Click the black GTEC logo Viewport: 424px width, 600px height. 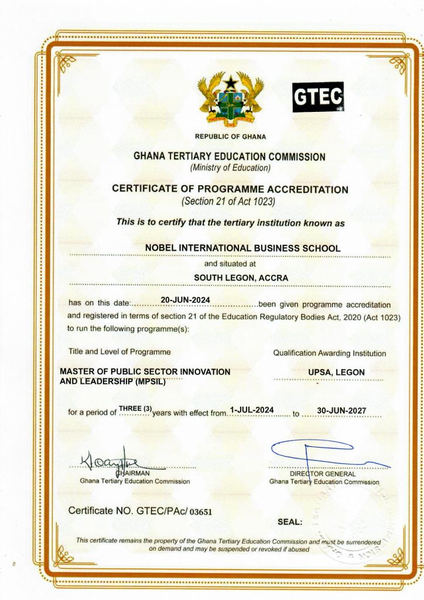317,97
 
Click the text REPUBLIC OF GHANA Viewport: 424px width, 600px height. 230,137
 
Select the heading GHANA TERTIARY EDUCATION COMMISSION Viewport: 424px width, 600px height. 230,156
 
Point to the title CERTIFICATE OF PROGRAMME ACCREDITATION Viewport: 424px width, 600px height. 230,189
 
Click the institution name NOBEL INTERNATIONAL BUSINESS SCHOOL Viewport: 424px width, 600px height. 242,248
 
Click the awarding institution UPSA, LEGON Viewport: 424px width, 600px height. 337,372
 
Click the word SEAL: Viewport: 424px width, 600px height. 289,521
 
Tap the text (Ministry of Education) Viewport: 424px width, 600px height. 230,168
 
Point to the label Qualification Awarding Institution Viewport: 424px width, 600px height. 330,353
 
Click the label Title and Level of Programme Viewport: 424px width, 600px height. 119,352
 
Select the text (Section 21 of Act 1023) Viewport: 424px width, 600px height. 230,202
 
